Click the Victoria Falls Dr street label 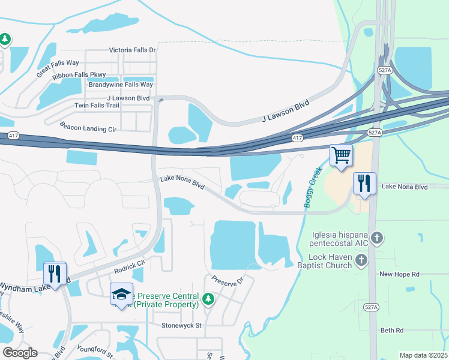(132, 50)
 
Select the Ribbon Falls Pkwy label (79, 75)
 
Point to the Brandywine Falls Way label (121, 85)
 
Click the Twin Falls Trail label (97, 105)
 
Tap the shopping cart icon (341, 155)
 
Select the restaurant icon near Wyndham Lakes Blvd (55, 274)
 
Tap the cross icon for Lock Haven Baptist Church (361, 259)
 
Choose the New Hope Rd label (399, 274)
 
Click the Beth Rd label (392, 330)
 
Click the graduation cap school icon (121, 294)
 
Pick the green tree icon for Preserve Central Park (208, 298)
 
